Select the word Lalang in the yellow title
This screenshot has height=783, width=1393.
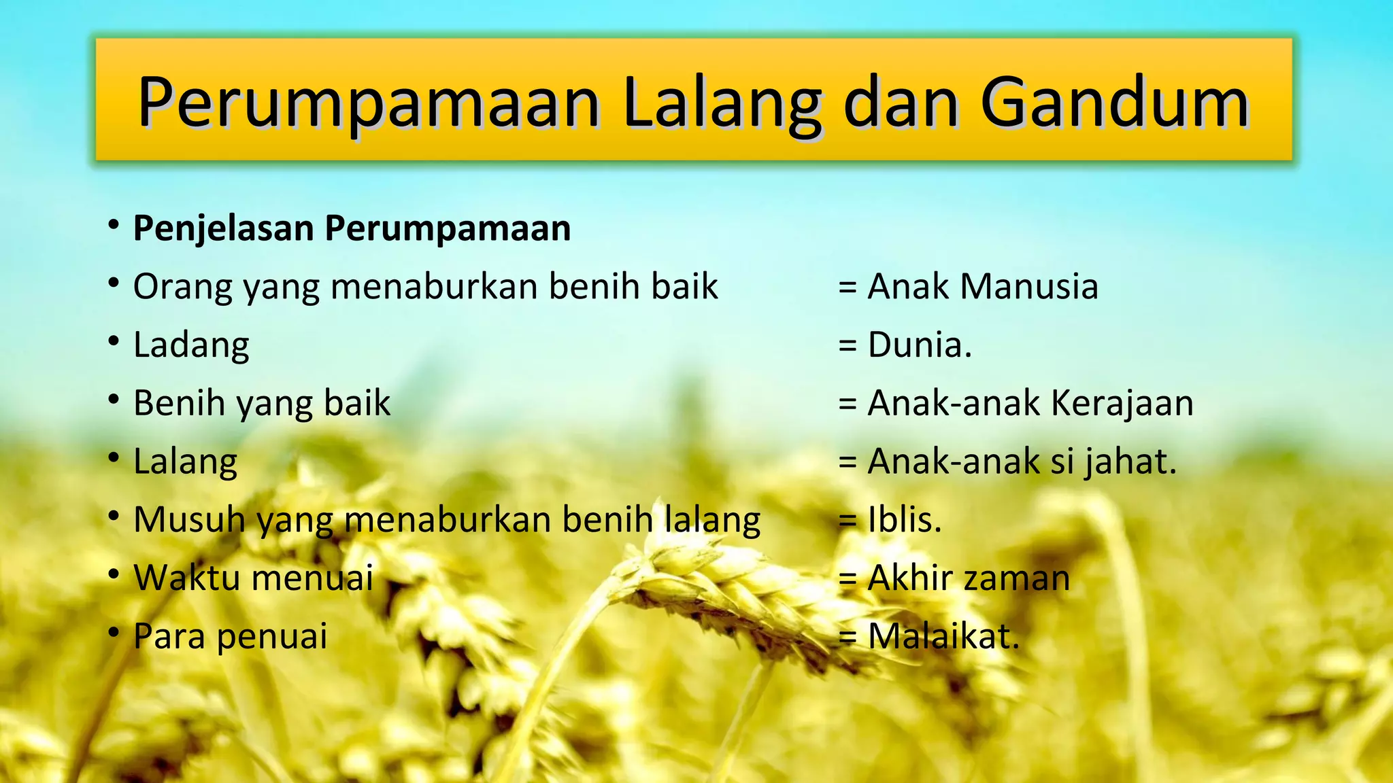point(722,103)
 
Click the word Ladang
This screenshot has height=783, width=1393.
point(191,345)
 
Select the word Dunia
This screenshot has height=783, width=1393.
point(920,345)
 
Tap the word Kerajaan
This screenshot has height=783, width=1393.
point(1122,403)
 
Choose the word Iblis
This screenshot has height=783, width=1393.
point(905,520)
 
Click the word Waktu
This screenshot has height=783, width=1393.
point(186,578)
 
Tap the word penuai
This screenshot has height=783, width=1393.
point(272,637)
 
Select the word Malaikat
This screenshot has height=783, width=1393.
point(944,637)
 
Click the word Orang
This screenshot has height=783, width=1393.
point(182,287)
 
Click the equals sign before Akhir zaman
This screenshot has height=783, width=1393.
point(847,579)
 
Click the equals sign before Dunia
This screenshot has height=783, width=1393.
point(847,345)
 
